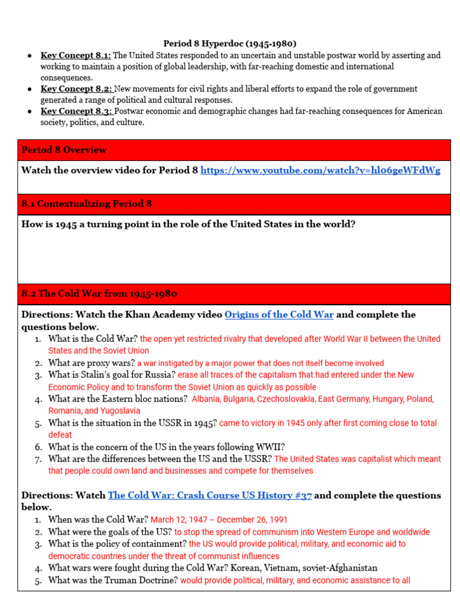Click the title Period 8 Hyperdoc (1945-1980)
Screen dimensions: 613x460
pyautogui.click(x=230, y=44)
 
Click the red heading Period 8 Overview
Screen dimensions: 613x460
pyautogui.click(x=64, y=150)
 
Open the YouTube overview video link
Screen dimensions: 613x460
pyautogui.click(x=320, y=171)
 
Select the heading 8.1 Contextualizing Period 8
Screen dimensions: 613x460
pyautogui.click(x=86, y=204)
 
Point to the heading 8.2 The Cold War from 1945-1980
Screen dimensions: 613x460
pyautogui.click(x=99, y=294)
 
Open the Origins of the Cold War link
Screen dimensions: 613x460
pyautogui.click(x=279, y=315)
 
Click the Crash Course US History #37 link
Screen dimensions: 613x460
pyautogui.click(x=210, y=496)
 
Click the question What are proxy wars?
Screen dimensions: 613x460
pyautogui.click(x=91, y=363)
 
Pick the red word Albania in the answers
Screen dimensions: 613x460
pyautogui.click(x=207, y=399)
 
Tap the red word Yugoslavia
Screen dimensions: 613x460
pyautogui.click(x=119, y=411)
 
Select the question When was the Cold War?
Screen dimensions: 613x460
pyautogui.click(x=98, y=520)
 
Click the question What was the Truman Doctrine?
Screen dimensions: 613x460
pyautogui.click(x=113, y=580)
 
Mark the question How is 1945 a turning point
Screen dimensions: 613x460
pyautogui.click(x=188, y=224)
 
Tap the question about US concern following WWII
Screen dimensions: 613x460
pyautogui.click(x=167, y=447)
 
